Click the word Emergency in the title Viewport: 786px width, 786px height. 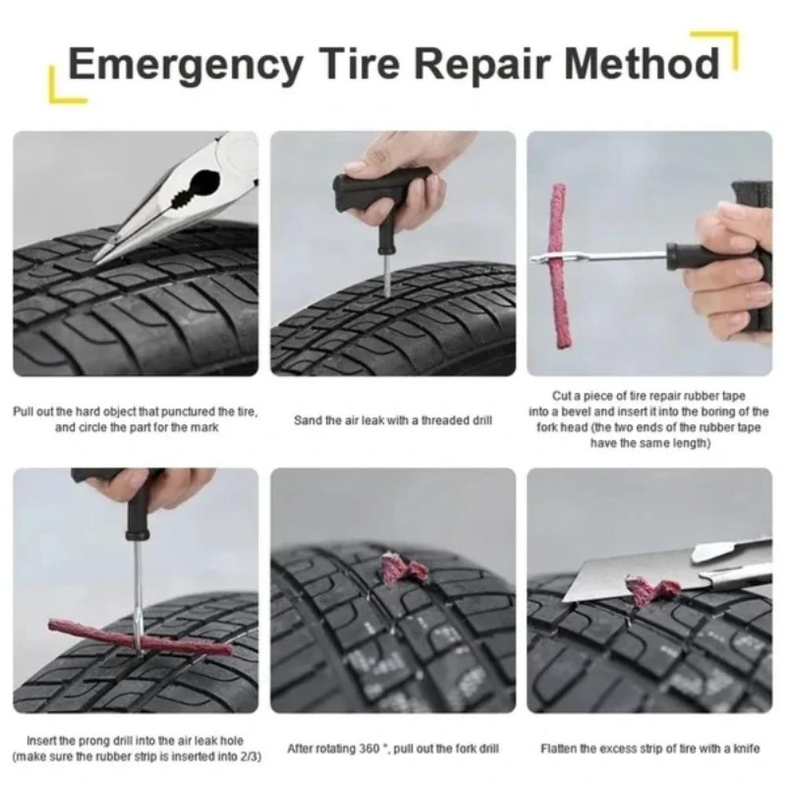184,64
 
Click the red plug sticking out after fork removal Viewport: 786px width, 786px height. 402,567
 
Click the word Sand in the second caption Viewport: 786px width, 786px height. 307,421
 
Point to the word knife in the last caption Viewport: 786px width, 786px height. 746,749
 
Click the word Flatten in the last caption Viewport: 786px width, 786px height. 557,749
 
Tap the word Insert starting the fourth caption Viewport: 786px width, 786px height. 40,741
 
